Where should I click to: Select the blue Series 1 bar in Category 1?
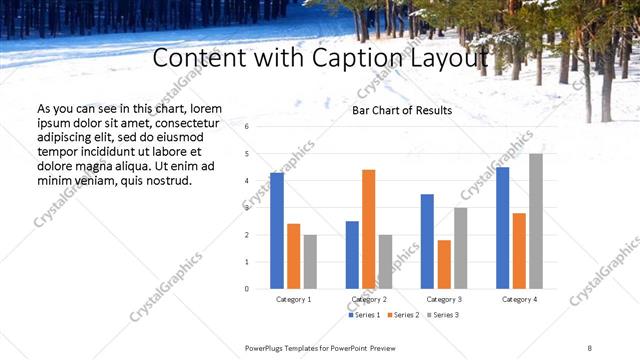277,230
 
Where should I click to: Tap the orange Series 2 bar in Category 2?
369,229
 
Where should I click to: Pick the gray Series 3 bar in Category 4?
536,221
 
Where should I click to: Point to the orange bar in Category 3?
444,264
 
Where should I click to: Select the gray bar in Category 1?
310,261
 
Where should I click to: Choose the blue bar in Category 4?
503,227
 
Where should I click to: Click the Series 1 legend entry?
364,315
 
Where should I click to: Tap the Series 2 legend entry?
403,315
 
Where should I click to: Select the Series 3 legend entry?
443,315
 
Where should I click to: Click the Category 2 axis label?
369,299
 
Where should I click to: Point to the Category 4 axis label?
519,299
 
